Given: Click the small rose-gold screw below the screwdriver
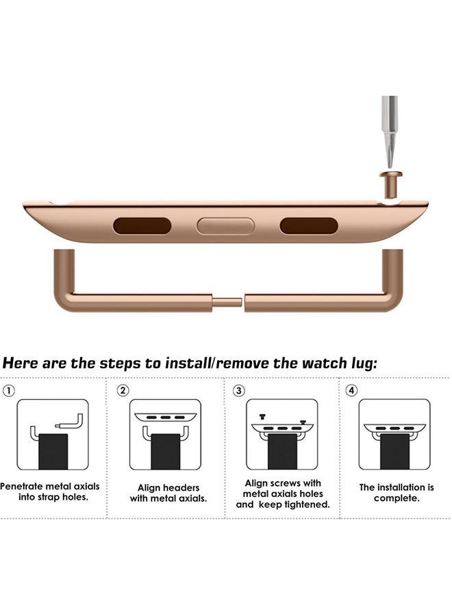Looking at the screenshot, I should [x=388, y=183].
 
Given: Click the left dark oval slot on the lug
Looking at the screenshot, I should [x=142, y=226].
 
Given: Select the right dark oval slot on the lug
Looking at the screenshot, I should [x=309, y=226].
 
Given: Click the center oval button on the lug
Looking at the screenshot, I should [x=225, y=226].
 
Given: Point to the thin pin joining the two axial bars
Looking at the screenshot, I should [x=227, y=302].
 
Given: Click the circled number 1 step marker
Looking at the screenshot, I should [x=9, y=391].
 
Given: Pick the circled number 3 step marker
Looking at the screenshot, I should [x=238, y=391].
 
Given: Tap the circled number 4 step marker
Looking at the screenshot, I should [x=351, y=391].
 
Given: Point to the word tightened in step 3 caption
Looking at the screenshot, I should [x=304, y=504].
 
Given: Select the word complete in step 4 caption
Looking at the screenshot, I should [x=396, y=498].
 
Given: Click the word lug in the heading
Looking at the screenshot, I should [x=359, y=363].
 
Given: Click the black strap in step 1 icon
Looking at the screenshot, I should [x=52, y=452].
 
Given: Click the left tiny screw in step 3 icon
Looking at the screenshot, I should [x=261, y=416].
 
